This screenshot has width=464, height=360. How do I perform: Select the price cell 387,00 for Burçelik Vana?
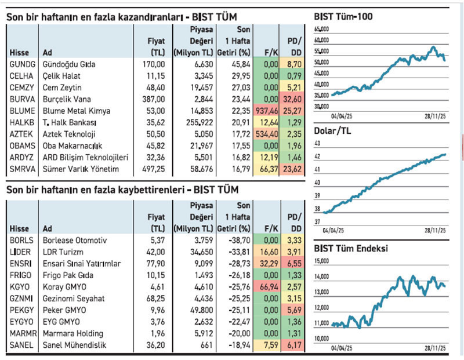pos(154,98)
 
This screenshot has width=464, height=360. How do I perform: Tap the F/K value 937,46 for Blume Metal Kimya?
pos(266,110)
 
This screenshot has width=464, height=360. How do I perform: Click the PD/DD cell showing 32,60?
pos(293,98)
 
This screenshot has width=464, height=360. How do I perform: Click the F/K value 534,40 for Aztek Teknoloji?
pos(266,133)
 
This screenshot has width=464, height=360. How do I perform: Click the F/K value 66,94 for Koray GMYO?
pos(266,286)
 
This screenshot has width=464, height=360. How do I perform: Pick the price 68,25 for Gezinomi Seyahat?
pos(155,299)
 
